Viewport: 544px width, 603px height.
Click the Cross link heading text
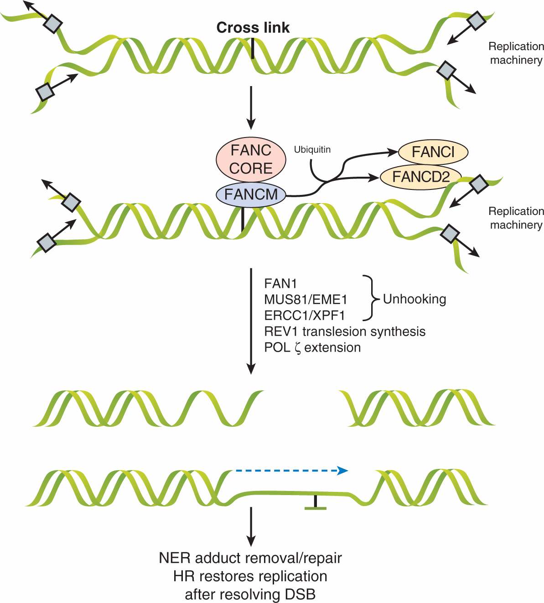pos(253,28)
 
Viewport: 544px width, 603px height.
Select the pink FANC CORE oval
pos(251,159)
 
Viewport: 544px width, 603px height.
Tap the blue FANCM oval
pos(251,194)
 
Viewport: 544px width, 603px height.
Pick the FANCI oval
pos(433,152)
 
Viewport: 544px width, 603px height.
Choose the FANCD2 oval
pos(420,177)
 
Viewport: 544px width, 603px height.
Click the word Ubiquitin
pos(312,149)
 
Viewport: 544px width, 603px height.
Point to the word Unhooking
pos(414,299)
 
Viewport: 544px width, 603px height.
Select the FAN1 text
pos(280,284)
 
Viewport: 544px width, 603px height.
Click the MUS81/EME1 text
pos(306,300)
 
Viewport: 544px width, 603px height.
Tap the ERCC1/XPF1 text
pos(305,316)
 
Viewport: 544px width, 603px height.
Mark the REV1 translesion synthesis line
pos(345,332)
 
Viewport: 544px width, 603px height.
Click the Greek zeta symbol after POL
pos(298,348)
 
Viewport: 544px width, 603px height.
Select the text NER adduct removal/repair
pos(250,558)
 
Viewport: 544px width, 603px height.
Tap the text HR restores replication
pos(250,576)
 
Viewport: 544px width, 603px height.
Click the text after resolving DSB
pos(250,594)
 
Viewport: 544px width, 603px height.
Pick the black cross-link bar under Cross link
pos(253,48)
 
